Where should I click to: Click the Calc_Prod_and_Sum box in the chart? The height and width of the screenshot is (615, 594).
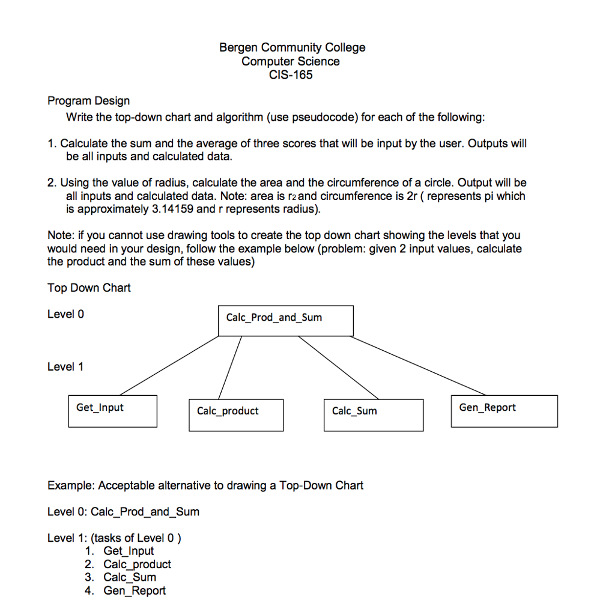pyautogui.click(x=285, y=320)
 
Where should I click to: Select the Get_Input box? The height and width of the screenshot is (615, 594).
pyautogui.click(x=112, y=411)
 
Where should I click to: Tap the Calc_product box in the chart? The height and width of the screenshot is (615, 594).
pyautogui.click(x=235, y=414)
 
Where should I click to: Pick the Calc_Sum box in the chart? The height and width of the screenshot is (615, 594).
pyautogui.click(x=373, y=414)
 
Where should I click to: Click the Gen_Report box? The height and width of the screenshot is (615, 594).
pyautogui.click(x=504, y=411)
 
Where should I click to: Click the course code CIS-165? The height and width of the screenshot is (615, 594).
pyautogui.click(x=292, y=75)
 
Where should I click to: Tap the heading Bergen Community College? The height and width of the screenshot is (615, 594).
pyautogui.click(x=292, y=47)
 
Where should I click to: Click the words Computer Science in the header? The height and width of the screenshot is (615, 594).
pyautogui.click(x=291, y=61)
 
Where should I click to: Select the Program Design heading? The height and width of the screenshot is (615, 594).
pyautogui.click(x=88, y=101)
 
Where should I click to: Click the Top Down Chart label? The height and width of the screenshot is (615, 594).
pyautogui.click(x=89, y=288)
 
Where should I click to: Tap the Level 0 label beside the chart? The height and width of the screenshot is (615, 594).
pyautogui.click(x=65, y=314)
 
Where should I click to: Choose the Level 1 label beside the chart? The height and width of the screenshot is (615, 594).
pyautogui.click(x=65, y=366)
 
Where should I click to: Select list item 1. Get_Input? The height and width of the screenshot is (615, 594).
pyautogui.click(x=120, y=551)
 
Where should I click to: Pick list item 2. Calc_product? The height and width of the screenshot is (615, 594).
pyautogui.click(x=128, y=564)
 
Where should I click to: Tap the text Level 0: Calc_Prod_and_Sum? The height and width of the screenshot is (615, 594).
pyautogui.click(x=123, y=512)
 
